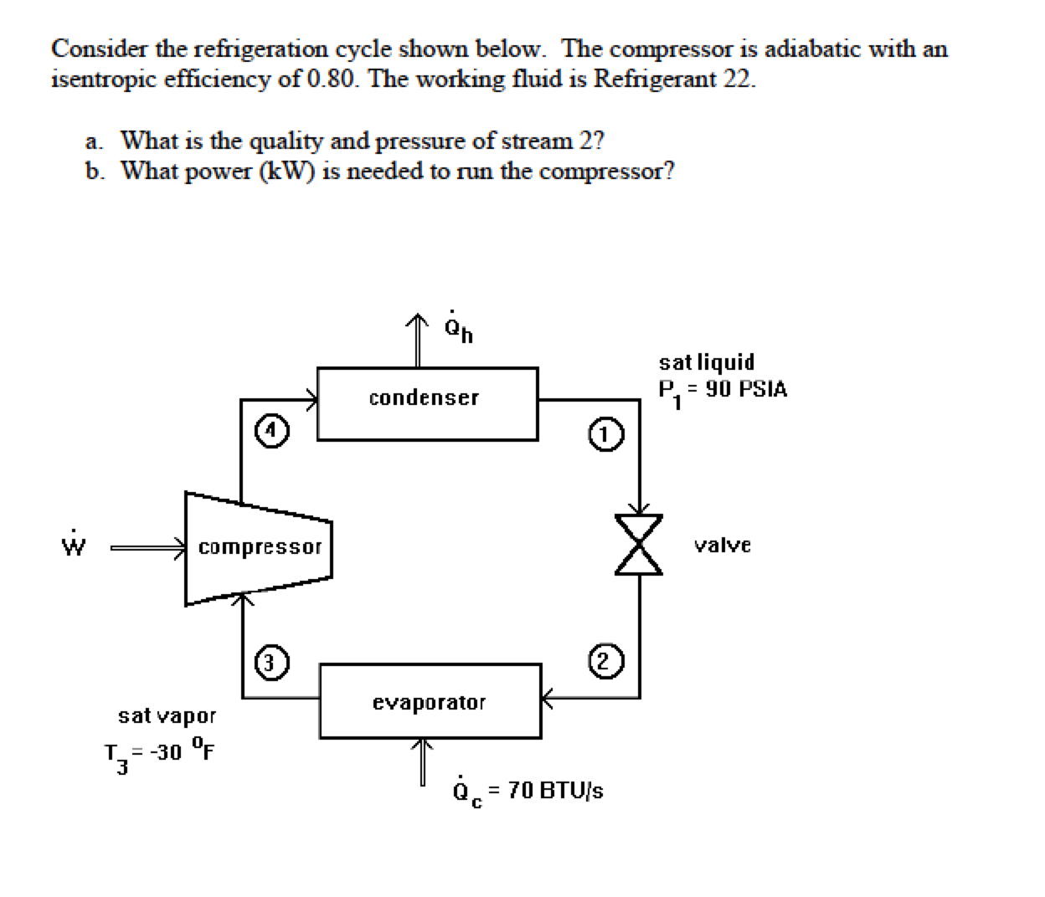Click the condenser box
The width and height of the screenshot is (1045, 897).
427,403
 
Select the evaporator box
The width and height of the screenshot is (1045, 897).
430,701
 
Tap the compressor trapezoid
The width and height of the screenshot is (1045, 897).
259,548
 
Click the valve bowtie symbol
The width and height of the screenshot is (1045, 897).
640,544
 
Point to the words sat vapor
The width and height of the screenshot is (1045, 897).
167,716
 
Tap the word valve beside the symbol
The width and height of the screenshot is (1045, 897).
723,546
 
